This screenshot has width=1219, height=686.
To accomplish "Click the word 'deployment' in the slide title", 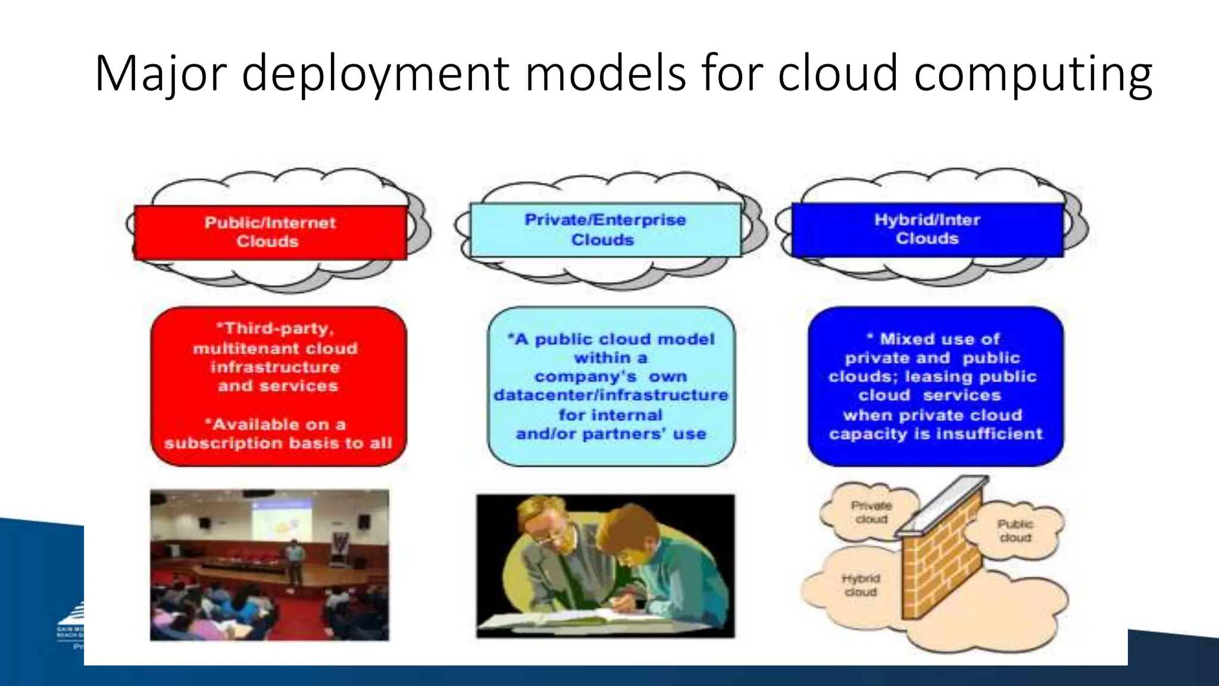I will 376,74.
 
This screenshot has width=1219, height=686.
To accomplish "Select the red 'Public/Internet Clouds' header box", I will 270,232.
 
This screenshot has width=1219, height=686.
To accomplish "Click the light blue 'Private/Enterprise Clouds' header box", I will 605,230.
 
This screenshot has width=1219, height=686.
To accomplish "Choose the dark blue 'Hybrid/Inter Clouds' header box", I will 927,229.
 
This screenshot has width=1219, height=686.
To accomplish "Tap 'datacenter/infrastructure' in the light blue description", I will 611,395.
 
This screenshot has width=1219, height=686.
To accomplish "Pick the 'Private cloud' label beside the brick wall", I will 871,512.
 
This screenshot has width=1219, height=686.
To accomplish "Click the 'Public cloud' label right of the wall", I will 1015,531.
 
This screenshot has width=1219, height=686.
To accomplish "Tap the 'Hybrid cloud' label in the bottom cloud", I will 861,585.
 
